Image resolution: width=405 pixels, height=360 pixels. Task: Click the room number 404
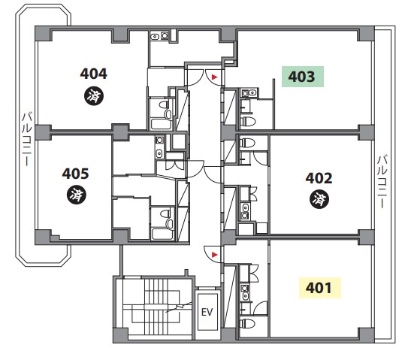click(93, 74)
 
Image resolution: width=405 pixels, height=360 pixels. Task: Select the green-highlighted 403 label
click(303, 77)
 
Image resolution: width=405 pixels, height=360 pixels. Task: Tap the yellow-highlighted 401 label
click(320, 288)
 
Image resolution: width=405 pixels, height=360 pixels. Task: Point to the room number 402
click(319, 178)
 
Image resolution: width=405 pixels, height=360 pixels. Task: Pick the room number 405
click(75, 174)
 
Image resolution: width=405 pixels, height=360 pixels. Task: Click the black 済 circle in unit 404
click(94, 96)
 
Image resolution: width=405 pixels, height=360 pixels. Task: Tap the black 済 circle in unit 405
click(77, 195)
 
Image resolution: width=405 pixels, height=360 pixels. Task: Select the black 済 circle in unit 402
click(319, 199)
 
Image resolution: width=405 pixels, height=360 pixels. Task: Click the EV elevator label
click(207, 312)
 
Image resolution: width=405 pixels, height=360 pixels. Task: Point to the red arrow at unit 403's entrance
click(214, 77)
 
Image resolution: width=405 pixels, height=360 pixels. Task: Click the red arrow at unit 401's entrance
click(214, 255)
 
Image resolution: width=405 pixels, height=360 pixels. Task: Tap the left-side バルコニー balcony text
click(26, 139)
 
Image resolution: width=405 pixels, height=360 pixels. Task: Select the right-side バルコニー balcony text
click(382, 182)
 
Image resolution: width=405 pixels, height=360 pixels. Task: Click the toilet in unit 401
click(247, 323)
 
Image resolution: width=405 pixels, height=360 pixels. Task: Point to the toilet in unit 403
click(248, 121)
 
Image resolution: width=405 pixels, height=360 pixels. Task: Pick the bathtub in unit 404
click(161, 124)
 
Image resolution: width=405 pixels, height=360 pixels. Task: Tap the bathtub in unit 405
click(162, 234)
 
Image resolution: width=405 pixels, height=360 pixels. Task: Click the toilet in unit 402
click(247, 143)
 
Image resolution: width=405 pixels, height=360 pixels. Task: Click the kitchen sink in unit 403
click(252, 92)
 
